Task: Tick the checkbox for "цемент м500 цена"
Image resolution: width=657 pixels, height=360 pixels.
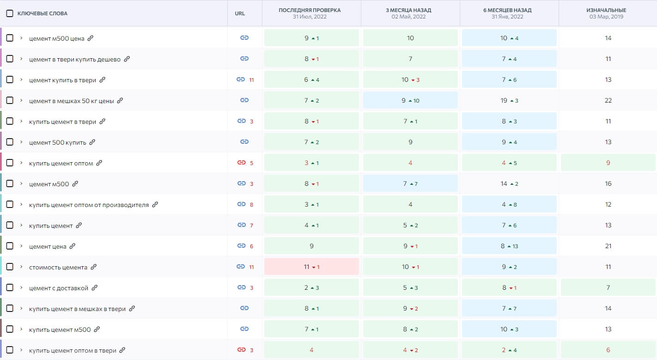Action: click(10, 38)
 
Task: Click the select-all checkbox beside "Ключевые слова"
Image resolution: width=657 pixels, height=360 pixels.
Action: click(10, 13)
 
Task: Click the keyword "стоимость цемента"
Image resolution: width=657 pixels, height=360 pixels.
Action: click(58, 267)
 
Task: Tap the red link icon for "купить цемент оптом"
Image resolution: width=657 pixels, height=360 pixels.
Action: click(241, 163)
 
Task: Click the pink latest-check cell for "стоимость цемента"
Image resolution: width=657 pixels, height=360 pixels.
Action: click(311, 267)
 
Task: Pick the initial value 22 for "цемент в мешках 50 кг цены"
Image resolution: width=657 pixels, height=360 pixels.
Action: click(608, 100)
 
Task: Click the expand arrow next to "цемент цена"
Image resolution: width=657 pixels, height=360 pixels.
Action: click(21, 246)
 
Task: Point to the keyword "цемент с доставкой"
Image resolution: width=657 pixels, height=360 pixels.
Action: click(58, 288)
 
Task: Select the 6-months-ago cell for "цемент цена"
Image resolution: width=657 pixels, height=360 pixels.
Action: click(509, 246)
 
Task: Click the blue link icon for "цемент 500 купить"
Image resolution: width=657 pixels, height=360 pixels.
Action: click(244, 142)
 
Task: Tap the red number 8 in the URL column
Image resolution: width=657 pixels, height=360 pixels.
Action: click(252, 204)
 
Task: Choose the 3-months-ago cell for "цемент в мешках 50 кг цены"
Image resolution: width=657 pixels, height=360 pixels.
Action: click(410, 100)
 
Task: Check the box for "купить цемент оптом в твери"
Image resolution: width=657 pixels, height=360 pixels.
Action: click(10, 350)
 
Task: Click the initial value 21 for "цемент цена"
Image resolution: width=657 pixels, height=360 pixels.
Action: click(608, 246)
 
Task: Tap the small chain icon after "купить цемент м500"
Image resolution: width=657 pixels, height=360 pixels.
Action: click(97, 329)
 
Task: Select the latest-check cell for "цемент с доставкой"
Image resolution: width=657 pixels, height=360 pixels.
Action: click(311, 287)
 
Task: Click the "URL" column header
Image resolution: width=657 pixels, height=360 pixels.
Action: click(240, 13)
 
